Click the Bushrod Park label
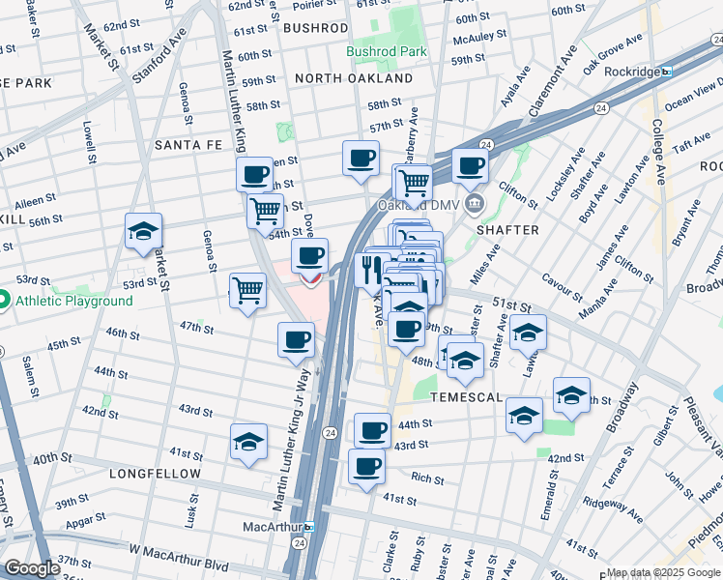coord(387,50)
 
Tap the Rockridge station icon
coord(666,72)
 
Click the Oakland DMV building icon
coord(475,204)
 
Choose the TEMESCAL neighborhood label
coord(467,397)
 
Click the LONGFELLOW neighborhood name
coord(155,475)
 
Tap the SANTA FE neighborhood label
coord(188,145)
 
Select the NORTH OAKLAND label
coord(354,78)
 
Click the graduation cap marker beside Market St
coord(142,233)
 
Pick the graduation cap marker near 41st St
coord(248,443)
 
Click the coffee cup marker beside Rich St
coord(365,468)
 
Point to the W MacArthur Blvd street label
coord(169,551)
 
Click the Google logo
coord(32,568)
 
